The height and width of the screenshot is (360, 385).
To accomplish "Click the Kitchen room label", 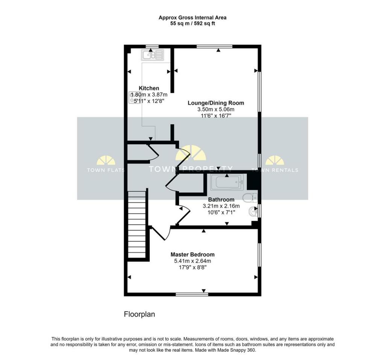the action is click(149, 88).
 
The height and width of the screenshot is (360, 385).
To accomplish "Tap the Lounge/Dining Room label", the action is click(216, 103).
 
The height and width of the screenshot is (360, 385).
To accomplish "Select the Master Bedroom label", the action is click(192, 254).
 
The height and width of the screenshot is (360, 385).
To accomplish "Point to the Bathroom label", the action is click(221, 200).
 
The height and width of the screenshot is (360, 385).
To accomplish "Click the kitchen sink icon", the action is click(153, 55).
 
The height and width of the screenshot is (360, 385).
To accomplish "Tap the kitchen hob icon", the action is click(135, 97).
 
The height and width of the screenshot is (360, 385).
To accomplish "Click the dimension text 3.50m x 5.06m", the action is click(216, 109).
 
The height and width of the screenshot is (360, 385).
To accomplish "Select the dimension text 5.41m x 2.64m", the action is click(192, 261).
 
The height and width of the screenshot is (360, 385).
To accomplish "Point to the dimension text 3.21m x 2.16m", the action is click(221, 206).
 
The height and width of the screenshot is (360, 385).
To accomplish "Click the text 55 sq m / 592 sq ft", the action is click(192, 24).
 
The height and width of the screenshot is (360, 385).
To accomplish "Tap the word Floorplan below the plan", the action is click(139, 315).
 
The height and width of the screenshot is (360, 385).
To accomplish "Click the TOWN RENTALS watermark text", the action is click(275, 170).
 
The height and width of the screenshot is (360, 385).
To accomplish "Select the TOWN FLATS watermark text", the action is click(106, 170).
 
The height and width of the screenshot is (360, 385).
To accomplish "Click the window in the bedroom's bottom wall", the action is click(192, 294).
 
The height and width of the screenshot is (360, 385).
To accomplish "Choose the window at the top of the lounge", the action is click(214, 46).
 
